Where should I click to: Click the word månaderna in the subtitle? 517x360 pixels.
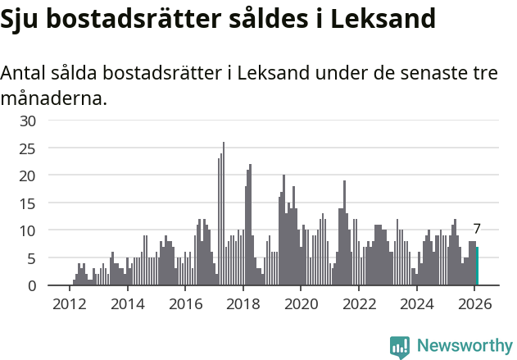click(x=52, y=99)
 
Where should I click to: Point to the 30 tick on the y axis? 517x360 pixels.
click(x=28, y=121)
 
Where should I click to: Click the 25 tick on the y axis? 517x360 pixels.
click(x=28, y=148)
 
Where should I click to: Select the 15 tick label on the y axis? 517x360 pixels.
click(x=28, y=203)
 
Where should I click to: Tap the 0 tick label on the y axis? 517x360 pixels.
click(x=32, y=286)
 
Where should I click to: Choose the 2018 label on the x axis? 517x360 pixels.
click(x=243, y=305)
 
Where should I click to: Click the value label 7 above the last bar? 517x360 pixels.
click(x=477, y=230)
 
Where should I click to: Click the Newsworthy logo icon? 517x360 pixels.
click(x=400, y=346)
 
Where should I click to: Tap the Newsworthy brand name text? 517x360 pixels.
click(x=464, y=346)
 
